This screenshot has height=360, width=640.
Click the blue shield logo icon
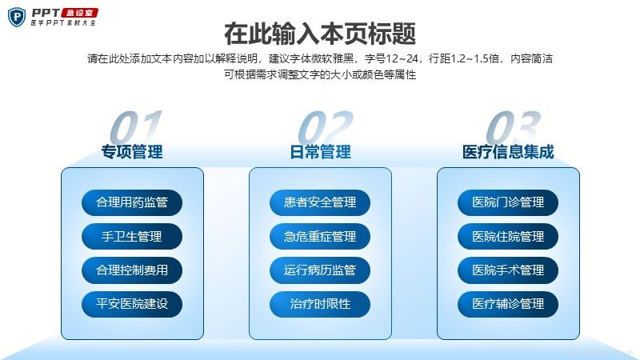click(17, 18)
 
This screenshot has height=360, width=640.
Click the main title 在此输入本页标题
click(320, 34)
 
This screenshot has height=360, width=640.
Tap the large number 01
click(136, 126)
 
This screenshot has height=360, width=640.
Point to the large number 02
click(325, 126)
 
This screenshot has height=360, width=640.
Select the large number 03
click(513, 126)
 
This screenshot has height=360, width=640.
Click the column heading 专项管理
click(132, 152)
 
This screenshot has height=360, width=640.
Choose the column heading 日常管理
click(321, 152)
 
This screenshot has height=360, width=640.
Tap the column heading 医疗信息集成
click(508, 152)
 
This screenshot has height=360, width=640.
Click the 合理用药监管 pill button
click(132, 202)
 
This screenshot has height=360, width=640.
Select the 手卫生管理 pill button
click(132, 236)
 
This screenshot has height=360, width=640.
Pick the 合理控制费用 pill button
click(132, 270)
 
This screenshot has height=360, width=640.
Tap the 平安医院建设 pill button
click(132, 304)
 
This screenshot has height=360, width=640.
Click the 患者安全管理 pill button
click(320, 202)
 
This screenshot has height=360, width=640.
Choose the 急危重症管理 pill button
click(320, 236)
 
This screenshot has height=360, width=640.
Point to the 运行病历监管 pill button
click(320, 270)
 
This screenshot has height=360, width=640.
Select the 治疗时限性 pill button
click(320, 304)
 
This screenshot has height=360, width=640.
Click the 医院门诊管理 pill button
click(508, 202)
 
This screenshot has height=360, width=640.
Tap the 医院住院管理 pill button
click(508, 236)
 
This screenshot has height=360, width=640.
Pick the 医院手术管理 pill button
click(508, 270)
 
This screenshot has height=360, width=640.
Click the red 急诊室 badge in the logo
click(79, 13)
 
